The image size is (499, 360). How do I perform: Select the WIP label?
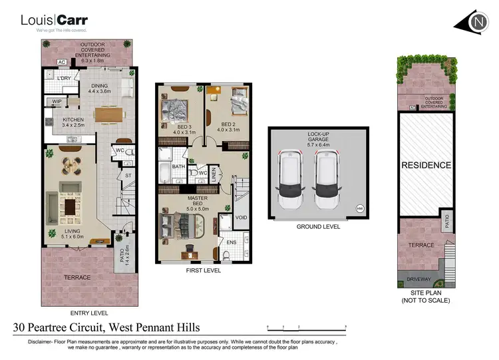(57, 102)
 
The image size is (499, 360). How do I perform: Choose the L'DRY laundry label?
(64, 79)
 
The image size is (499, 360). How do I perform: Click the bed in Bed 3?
(174, 108)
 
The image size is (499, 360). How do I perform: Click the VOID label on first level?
(242, 217)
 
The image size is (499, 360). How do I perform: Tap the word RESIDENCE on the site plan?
(425, 164)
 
